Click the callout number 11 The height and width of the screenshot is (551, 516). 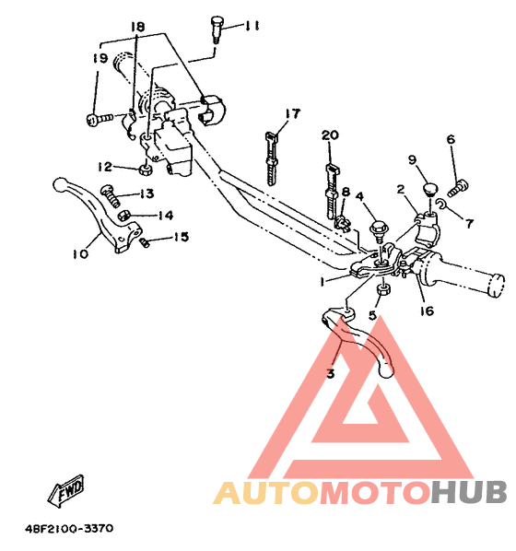252,25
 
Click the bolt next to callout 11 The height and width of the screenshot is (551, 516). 218,28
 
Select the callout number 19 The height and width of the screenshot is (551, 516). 100,58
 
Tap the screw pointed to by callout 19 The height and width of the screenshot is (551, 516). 96,119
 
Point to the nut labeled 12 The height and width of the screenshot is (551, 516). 145,169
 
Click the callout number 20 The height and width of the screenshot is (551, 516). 330,135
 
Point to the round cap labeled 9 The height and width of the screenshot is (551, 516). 428,188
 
